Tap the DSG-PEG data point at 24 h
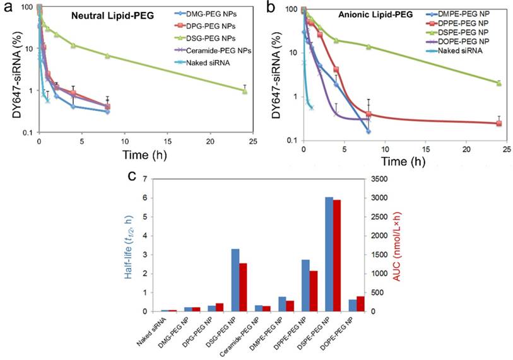pos(244,91)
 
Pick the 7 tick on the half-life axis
pos(145,178)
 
